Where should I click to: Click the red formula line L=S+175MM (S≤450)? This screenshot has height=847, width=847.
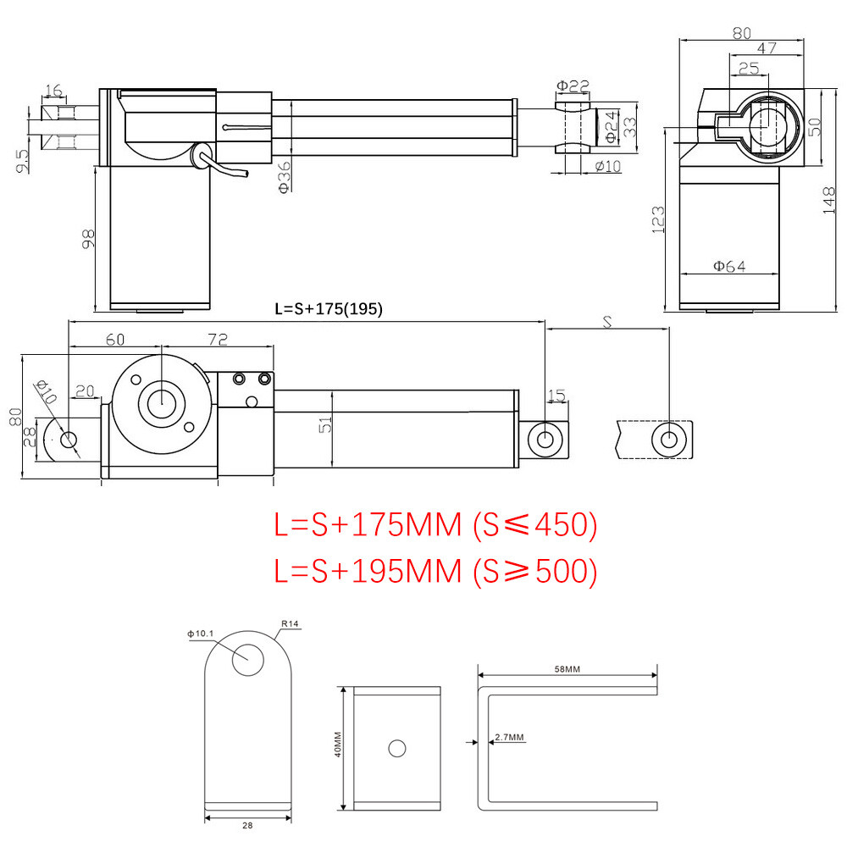pos(435,526)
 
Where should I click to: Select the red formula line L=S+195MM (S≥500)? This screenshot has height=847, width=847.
pos(435,572)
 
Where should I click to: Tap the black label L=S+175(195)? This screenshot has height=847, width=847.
pos(329,309)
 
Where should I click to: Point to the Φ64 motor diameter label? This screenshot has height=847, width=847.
pos(728,266)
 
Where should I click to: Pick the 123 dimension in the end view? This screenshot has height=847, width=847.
pos(659,219)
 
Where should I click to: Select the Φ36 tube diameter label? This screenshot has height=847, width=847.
pos(285,177)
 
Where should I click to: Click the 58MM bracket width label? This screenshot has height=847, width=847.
pos(567,669)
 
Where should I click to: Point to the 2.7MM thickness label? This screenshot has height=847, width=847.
pos(507,738)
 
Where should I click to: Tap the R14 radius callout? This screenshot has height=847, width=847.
pos(289,624)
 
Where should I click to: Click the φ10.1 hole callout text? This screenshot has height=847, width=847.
pos(201,633)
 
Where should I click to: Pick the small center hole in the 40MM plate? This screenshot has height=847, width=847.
pos(396,748)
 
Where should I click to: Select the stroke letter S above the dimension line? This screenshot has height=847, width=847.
pos(606,322)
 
